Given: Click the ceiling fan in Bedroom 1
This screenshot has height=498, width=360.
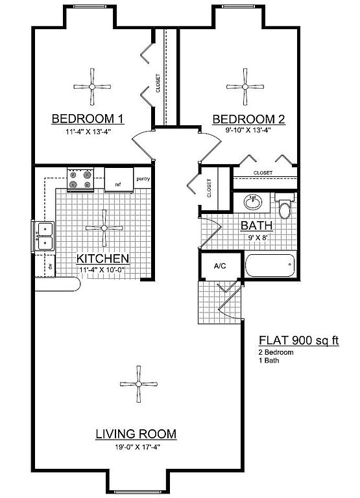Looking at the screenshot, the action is [92, 87].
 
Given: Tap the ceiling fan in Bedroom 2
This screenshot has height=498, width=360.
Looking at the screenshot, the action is [245, 87].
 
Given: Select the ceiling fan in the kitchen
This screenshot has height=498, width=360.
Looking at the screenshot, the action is [104, 228].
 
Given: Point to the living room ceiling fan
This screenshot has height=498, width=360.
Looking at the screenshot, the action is [139, 384].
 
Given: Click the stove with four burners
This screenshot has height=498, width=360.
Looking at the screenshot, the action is [80, 180].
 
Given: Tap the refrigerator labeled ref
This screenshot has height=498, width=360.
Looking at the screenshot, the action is [119, 180].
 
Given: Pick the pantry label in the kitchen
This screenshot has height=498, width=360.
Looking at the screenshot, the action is [143, 179].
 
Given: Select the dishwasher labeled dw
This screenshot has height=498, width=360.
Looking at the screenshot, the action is [50, 266].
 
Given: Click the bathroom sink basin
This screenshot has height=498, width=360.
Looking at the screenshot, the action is [253, 202].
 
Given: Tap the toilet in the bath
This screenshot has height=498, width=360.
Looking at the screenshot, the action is [285, 205].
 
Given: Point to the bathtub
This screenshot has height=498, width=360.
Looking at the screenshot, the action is [270, 265].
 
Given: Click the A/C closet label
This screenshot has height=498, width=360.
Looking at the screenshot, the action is [220, 266].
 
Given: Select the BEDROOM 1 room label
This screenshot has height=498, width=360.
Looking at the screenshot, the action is [88, 119].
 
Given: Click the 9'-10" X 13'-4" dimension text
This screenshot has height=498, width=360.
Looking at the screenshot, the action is [248, 130].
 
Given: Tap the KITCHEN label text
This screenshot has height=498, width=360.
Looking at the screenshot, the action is [102, 259].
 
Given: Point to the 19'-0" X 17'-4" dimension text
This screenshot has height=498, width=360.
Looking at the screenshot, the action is [137, 447].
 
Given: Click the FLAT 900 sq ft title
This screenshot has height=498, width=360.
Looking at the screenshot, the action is [298, 340].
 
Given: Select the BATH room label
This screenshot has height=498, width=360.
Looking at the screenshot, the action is [257, 226].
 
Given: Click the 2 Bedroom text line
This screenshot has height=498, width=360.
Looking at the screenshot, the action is [276, 352].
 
